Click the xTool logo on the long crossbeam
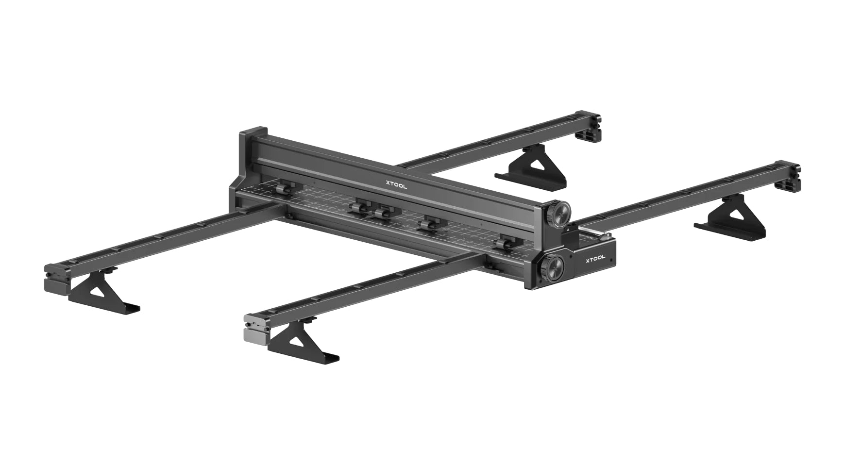tap(396, 184)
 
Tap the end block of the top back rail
tap(590, 127)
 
